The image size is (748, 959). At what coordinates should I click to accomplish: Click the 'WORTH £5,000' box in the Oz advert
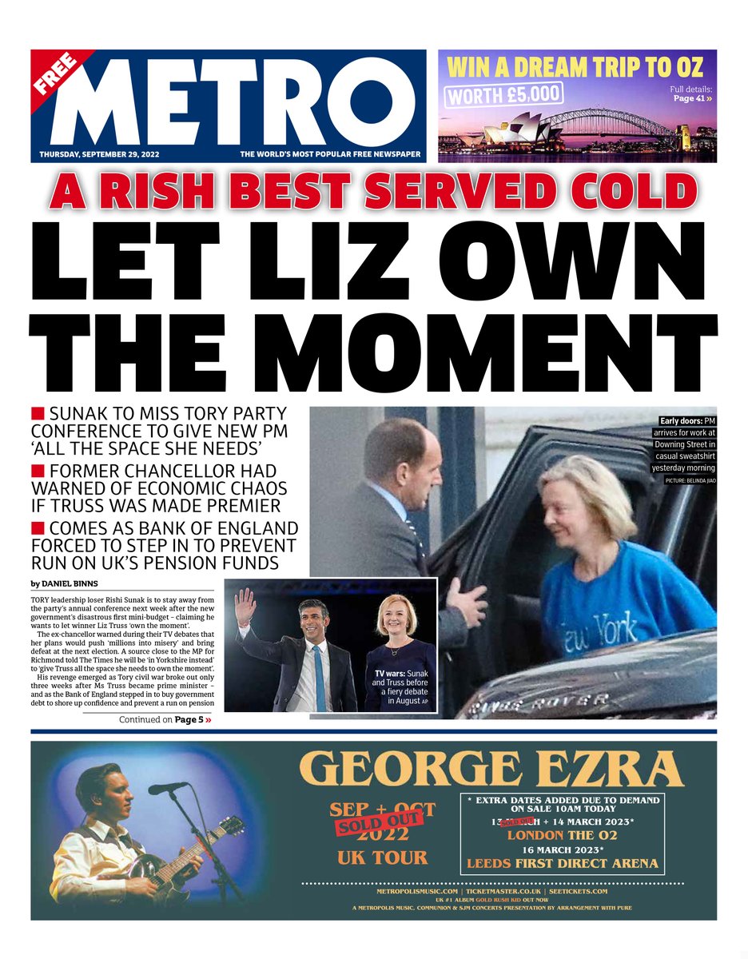pyautogui.click(x=503, y=95)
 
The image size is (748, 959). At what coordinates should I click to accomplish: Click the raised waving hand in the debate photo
pyautogui.click(x=245, y=606)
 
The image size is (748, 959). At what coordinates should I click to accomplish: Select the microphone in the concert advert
pyautogui.click(x=167, y=788)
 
